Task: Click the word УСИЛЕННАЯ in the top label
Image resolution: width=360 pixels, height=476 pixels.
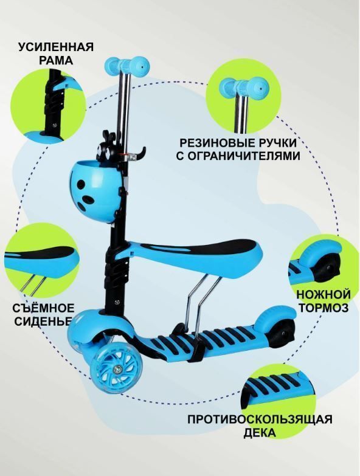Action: (x=56, y=47)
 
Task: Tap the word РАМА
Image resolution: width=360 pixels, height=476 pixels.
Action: (x=55, y=60)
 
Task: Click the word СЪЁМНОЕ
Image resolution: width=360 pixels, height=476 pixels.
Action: (x=43, y=308)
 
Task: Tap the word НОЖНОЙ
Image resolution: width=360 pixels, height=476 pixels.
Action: (x=324, y=294)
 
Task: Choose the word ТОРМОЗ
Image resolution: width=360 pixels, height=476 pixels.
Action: (x=324, y=308)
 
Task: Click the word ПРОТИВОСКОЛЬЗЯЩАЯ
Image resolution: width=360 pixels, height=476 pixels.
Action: (x=260, y=420)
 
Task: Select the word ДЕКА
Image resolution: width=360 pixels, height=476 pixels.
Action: (x=260, y=433)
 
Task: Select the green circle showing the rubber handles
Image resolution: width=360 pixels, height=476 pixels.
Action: (x=243, y=96)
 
